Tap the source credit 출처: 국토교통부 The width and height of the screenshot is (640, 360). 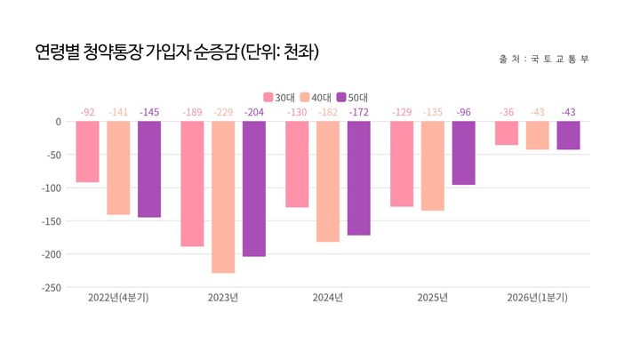tap(544, 60)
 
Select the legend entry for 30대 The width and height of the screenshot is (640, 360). tap(279, 97)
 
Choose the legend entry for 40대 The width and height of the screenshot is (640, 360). tap(316, 97)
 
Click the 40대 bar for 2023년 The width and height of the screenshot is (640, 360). tap(223, 196)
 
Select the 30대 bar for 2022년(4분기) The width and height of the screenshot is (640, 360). tap(87, 151)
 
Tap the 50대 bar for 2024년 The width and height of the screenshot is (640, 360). tap(359, 178)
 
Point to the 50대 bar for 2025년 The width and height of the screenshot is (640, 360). tap(463, 153)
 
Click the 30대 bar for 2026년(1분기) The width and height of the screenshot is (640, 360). tap(507, 133)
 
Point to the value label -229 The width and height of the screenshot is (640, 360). tap(223, 112)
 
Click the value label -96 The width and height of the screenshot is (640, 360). tap(463, 112)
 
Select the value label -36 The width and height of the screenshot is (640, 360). tap(507, 112)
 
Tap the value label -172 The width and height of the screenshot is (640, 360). tap(359, 112)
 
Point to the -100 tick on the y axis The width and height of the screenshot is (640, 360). tap(49, 188)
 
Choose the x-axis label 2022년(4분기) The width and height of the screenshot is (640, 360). tap(118, 298)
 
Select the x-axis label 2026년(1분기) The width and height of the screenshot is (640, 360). tap(537, 298)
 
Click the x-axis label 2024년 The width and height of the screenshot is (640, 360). tap(328, 298)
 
